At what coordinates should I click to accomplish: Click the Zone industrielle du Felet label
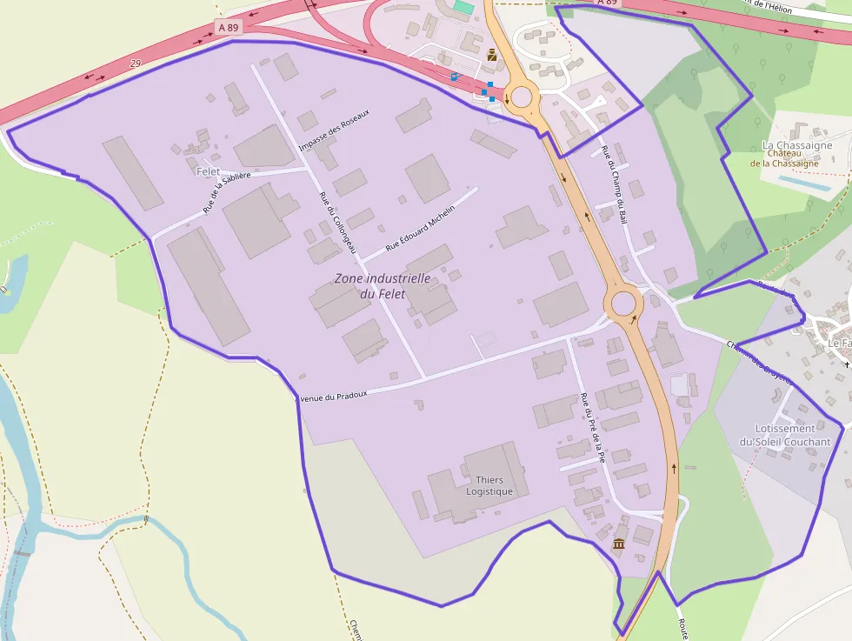tap(383, 286)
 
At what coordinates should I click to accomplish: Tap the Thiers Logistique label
tap(489, 485)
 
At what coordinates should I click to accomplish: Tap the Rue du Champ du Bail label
tap(614, 185)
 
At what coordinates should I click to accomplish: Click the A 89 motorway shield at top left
tap(229, 28)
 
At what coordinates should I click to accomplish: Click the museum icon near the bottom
tap(619, 544)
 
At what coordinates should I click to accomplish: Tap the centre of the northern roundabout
tap(522, 97)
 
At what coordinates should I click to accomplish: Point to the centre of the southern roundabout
tap(623, 304)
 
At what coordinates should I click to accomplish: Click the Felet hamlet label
tap(209, 172)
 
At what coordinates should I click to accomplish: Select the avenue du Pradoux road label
tap(333, 396)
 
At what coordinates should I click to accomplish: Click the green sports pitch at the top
tap(463, 7)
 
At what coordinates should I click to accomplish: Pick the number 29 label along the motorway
tap(135, 63)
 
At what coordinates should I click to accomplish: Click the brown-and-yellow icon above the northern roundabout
tap(493, 55)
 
